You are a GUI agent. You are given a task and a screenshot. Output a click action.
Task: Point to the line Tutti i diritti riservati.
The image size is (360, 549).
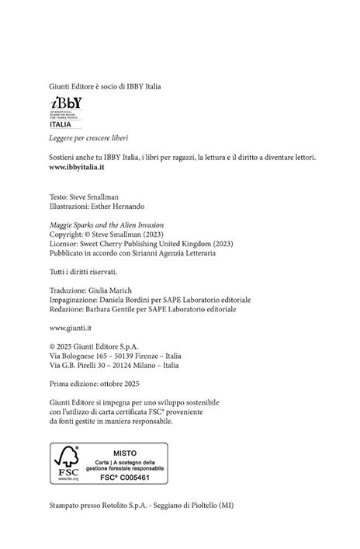click(x=83, y=272)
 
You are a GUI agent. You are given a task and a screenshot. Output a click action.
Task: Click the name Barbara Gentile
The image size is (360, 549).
click(x=113, y=309)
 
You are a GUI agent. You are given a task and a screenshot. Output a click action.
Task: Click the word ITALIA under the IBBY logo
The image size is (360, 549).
click(x=61, y=123)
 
